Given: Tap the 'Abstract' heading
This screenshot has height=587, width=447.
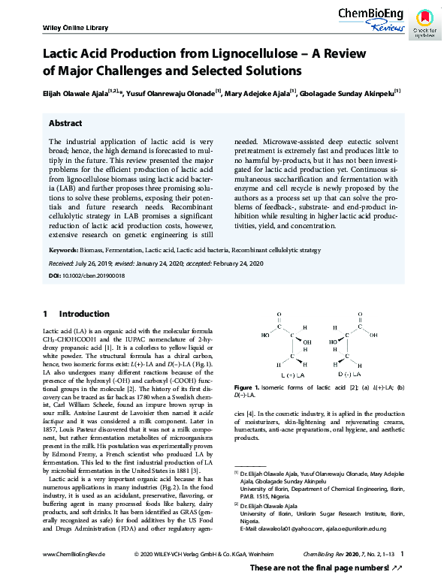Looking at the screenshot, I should click(x=65, y=122).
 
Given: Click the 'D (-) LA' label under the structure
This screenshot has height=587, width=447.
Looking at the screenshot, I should click(x=349, y=374).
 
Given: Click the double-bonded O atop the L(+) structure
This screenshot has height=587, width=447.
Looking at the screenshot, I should click(x=279, y=315).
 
